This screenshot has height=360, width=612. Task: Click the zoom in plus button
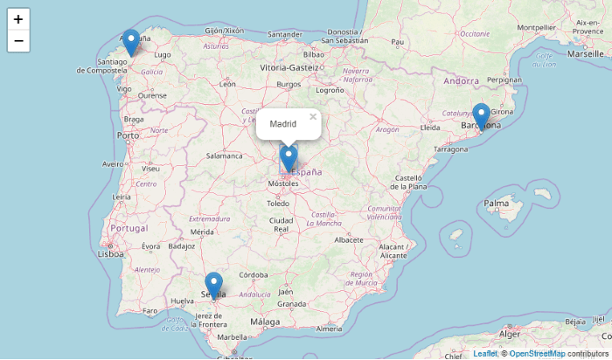click(18, 18)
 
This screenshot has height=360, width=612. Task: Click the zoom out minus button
click(18, 41)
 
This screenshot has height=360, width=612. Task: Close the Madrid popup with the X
click(312, 116)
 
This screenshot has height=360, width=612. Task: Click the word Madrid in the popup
click(282, 124)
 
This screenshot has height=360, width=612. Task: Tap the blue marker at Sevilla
click(213, 285)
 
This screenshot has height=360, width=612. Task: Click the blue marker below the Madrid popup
click(289, 158)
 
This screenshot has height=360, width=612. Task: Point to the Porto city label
click(129, 135)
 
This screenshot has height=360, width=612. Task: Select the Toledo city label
click(278, 203)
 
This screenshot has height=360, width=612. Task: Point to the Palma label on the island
click(497, 204)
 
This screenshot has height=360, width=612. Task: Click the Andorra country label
click(461, 80)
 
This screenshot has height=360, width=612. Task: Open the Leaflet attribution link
click(484, 354)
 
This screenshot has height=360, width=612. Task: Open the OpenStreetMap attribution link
click(537, 354)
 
